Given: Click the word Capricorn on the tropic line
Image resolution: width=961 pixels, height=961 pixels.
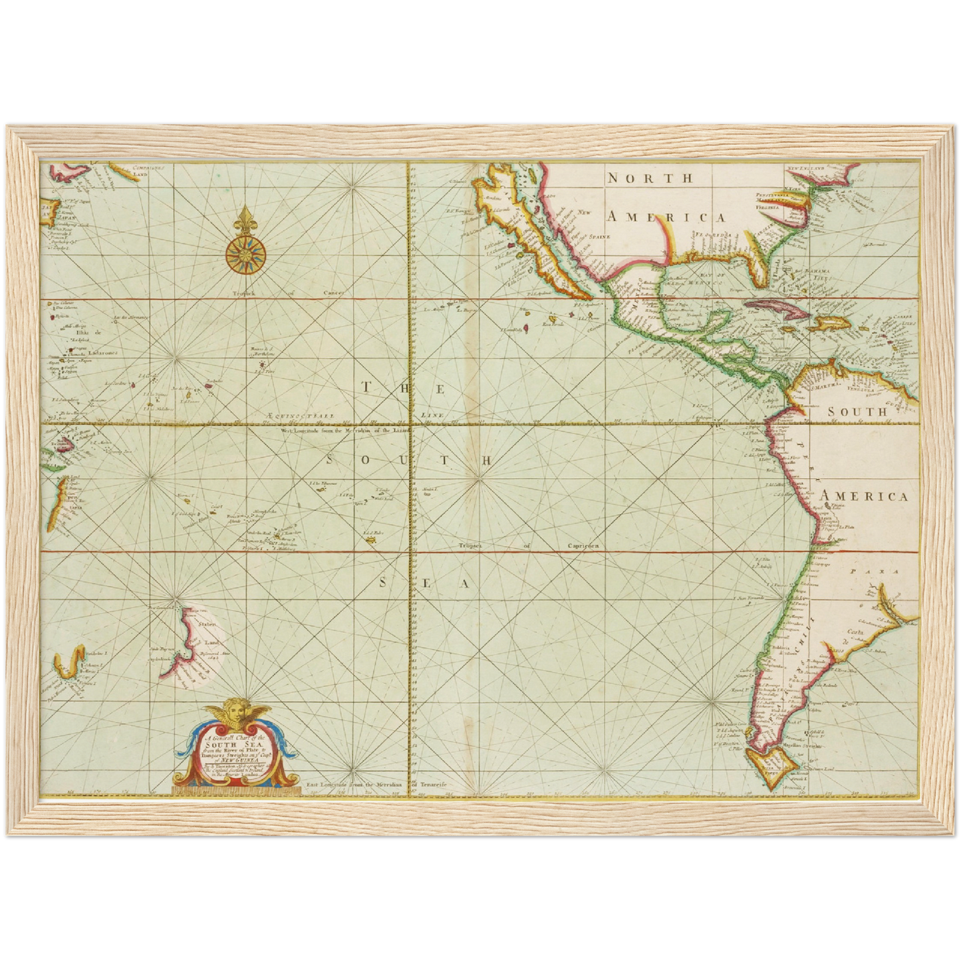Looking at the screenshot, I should pyautogui.click(x=583, y=546).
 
